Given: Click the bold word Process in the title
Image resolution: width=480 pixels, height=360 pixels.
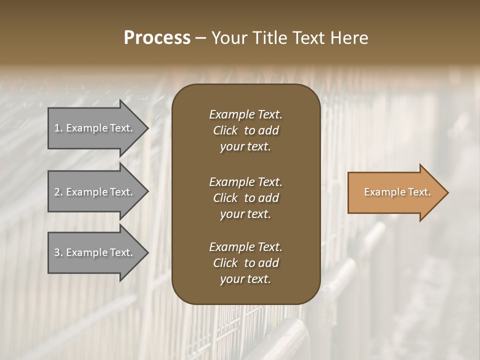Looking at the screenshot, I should [x=157, y=38].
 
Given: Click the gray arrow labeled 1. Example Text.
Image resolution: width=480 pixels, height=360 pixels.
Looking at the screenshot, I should [x=95, y=128].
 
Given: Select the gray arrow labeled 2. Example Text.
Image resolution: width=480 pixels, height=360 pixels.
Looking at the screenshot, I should [x=95, y=192].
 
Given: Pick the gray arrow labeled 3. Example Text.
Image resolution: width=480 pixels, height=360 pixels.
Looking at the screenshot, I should [x=95, y=252].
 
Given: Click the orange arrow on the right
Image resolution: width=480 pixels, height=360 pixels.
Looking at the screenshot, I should [x=395, y=192].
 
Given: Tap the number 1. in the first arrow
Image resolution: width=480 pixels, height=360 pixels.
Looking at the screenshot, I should [x=58, y=128].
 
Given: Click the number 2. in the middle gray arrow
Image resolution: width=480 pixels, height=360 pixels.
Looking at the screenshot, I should [x=58, y=192].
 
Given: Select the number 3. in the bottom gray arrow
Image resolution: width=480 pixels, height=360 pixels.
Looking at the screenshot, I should [x=58, y=252].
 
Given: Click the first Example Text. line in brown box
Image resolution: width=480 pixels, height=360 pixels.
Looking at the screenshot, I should [x=245, y=114].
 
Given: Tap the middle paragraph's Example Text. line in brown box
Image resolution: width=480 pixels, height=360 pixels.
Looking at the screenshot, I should [x=245, y=181].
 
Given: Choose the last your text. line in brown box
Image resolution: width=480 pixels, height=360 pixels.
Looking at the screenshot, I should [x=245, y=279].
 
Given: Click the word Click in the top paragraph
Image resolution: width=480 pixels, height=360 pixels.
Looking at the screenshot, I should [x=225, y=130].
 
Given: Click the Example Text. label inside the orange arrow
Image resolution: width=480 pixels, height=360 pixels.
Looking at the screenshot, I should [x=397, y=192].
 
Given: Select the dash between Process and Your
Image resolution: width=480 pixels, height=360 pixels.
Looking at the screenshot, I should [x=200, y=38].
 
